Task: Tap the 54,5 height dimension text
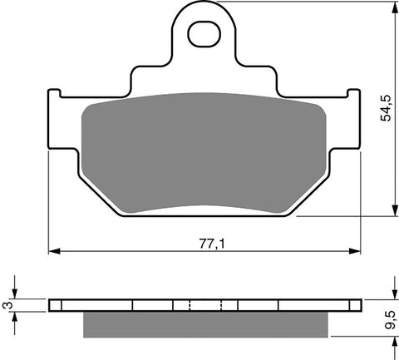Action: [385, 108]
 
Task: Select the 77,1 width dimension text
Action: [208, 243]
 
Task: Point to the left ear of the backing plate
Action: [56, 108]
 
